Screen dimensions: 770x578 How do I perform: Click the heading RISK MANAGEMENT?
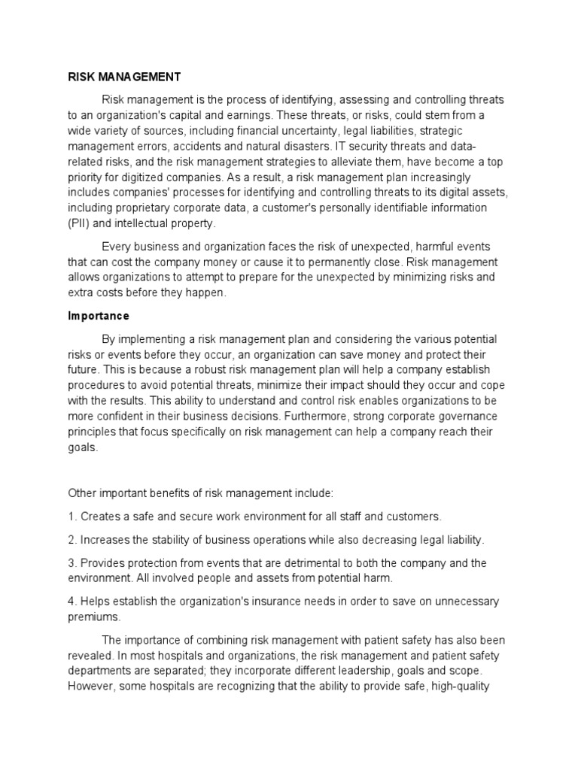pos(123,76)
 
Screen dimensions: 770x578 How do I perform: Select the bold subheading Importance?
pos(99,315)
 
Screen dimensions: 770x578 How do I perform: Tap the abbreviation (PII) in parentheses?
pos(80,223)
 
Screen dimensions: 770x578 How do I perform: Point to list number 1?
pos(72,517)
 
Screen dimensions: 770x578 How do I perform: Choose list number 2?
pos(72,540)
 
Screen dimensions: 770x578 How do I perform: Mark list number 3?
pos(72,562)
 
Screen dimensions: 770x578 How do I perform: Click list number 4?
pos(72,601)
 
